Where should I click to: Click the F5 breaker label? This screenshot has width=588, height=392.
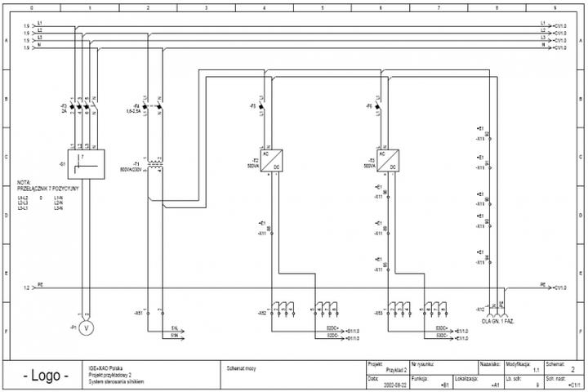point(253,106)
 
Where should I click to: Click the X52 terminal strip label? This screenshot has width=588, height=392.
point(261,313)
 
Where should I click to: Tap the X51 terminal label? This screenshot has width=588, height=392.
point(138,313)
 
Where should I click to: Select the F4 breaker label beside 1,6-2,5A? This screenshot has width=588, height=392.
point(136,105)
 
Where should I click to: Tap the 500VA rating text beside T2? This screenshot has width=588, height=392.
point(253,166)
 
